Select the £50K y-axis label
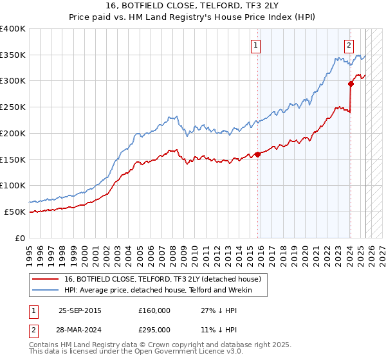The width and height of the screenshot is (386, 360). point(15,212)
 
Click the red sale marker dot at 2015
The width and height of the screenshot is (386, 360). point(257,154)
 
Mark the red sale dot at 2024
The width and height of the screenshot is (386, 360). point(351,83)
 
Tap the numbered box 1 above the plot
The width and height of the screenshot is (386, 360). point(256,45)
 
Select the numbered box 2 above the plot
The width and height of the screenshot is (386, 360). point(349,45)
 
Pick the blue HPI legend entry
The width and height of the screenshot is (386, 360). point(157,291)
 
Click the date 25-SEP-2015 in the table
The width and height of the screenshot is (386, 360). point(80,310)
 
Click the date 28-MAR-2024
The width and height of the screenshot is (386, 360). point(80,329)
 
